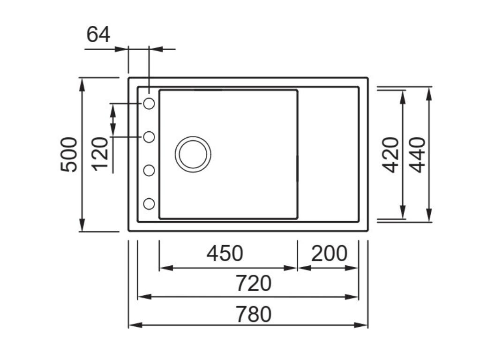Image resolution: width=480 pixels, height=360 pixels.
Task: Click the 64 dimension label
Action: pyautogui.click(x=98, y=35)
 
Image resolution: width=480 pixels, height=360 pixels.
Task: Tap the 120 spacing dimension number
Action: pyautogui.click(x=100, y=154)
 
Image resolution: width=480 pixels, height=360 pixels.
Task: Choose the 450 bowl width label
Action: pyautogui.click(x=225, y=254)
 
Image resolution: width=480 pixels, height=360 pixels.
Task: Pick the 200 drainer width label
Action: pyautogui.click(x=329, y=254)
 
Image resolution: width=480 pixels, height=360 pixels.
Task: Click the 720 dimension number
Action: pyautogui.click(x=253, y=283)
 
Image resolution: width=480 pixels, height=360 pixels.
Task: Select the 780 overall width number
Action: pyautogui.click(x=253, y=314)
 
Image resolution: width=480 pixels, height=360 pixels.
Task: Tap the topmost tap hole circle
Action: pyautogui.click(x=149, y=104)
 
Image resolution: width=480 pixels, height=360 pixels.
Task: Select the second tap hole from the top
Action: pyautogui.click(x=149, y=137)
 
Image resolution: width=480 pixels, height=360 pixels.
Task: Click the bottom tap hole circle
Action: pyautogui.click(x=149, y=204)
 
